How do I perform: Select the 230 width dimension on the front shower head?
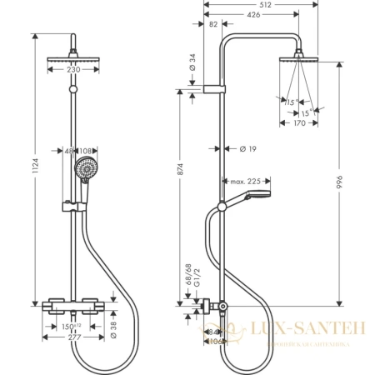click(74, 71)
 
